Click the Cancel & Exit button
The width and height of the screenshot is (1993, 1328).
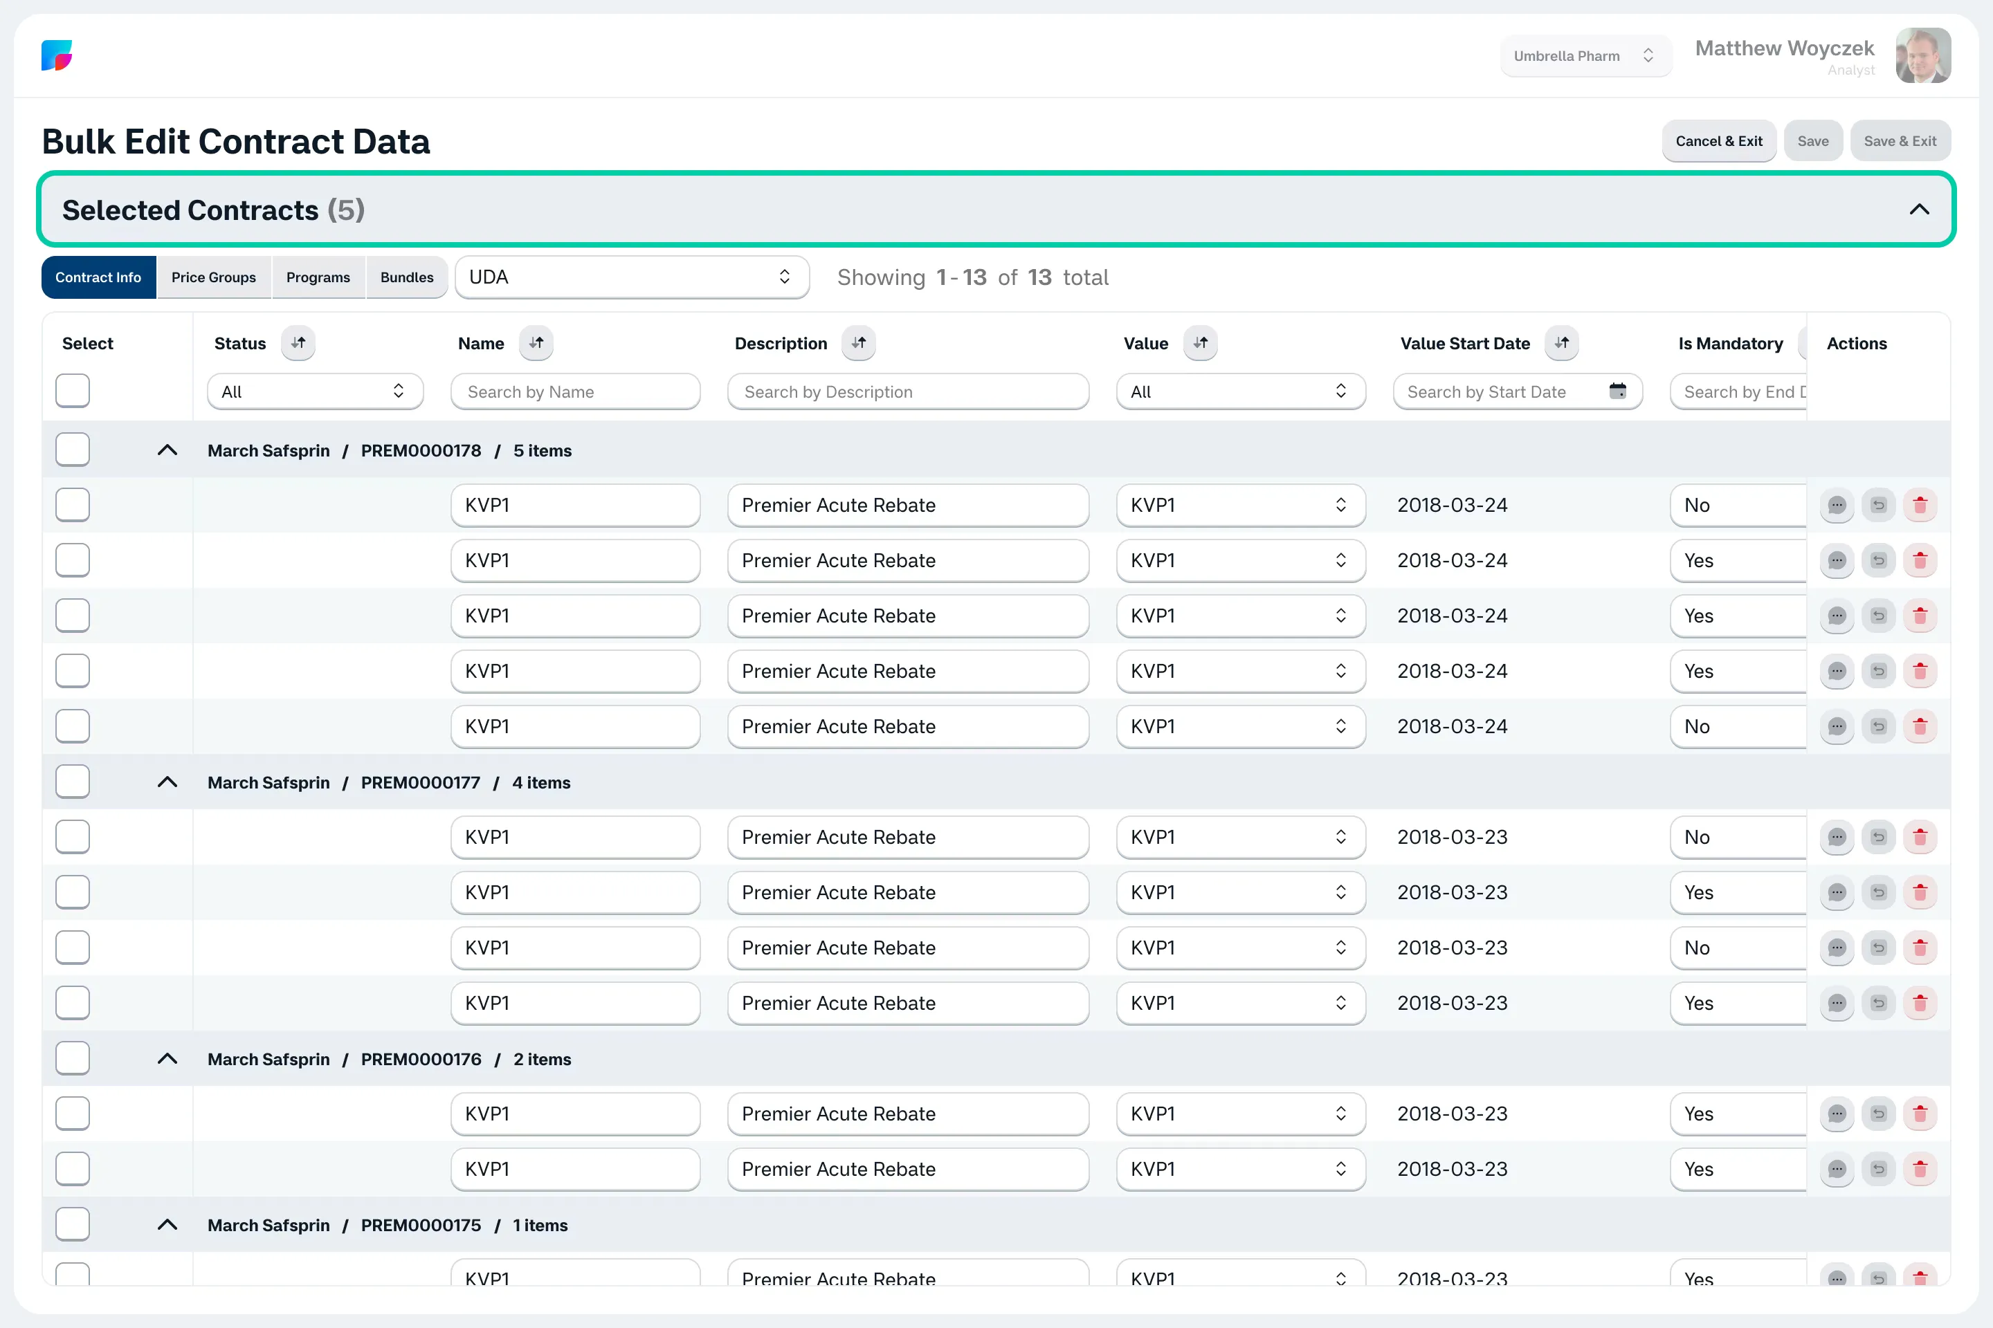pyautogui.click(x=1718, y=140)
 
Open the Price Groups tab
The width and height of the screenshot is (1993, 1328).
pyautogui.click(x=214, y=277)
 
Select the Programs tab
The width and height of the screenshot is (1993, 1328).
pyautogui.click(x=318, y=277)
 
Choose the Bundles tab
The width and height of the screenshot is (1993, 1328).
pyautogui.click(x=407, y=277)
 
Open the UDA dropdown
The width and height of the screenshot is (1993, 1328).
pyautogui.click(x=632, y=277)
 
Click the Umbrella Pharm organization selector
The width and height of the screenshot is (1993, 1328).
pyautogui.click(x=1585, y=56)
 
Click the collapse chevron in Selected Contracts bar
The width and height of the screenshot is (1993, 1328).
pyautogui.click(x=1919, y=209)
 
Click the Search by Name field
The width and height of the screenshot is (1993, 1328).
pyautogui.click(x=575, y=391)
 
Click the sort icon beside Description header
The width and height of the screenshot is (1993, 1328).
pyautogui.click(x=858, y=343)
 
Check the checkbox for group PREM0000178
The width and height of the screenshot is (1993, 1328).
pyautogui.click(x=73, y=450)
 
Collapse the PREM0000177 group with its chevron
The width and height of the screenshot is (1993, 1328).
pyautogui.click(x=167, y=782)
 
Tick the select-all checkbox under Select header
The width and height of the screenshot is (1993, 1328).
pyautogui.click(x=73, y=390)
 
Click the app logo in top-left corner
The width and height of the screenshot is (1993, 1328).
pyautogui.click(x=57, y=56)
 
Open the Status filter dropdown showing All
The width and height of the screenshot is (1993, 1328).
pyautogui.click(x=316, y=391)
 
